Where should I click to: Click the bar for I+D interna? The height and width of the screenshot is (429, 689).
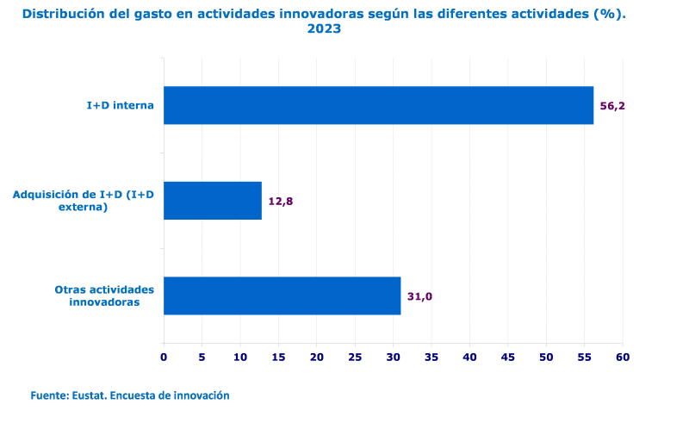pos(378,105)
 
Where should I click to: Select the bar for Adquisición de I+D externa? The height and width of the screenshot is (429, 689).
pos(212,201)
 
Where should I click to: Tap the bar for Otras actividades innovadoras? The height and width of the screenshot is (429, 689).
pos(282,295)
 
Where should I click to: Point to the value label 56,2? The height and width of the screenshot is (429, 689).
pos(611,106)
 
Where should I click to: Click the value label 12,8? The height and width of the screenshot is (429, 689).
pos(281,202)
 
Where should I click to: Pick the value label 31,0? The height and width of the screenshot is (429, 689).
pos(419,296)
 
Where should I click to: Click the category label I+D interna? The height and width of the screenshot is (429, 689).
pos(120,105)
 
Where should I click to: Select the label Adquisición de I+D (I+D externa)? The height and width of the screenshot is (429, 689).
pos(83,201)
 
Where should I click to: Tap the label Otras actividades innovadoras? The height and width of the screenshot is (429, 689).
pos(104,295)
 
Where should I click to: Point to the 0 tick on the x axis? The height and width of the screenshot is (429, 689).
pos(164,357)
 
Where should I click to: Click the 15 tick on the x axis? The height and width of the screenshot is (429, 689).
pos(278,357)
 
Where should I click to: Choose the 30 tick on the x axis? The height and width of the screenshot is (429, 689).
pos(393,357)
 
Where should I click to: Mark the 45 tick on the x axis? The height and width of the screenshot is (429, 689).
pos(507,357)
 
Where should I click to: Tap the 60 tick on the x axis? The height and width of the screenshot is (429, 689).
pos(622,357)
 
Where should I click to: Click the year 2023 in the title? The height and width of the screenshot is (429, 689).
pos(324,28)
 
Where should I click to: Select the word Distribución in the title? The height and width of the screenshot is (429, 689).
pos(65,14)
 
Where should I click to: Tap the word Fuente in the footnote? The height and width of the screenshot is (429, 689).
pos(49,395)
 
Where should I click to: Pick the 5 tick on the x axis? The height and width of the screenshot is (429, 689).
pos(202,357)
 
